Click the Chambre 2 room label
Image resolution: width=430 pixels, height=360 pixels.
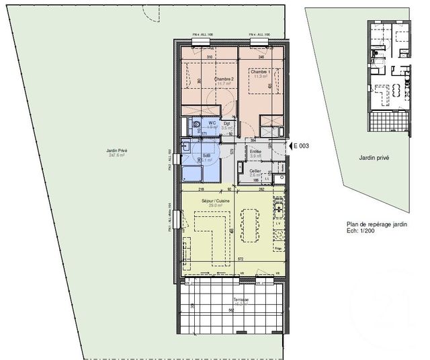pyautogui.click(x=224, y=79)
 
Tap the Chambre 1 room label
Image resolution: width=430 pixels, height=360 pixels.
pyautogui.click(x=261, y=72)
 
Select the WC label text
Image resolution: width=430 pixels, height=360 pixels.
pyautogui.click(x=212, y=123)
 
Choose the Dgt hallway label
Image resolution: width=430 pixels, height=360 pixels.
pyautogui.click(x=228, y=123)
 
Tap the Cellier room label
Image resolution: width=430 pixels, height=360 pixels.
pyautogui.click(x=256, y=172)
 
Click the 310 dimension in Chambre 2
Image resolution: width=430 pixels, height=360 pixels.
pyautogui.click(x=210, y=57)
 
